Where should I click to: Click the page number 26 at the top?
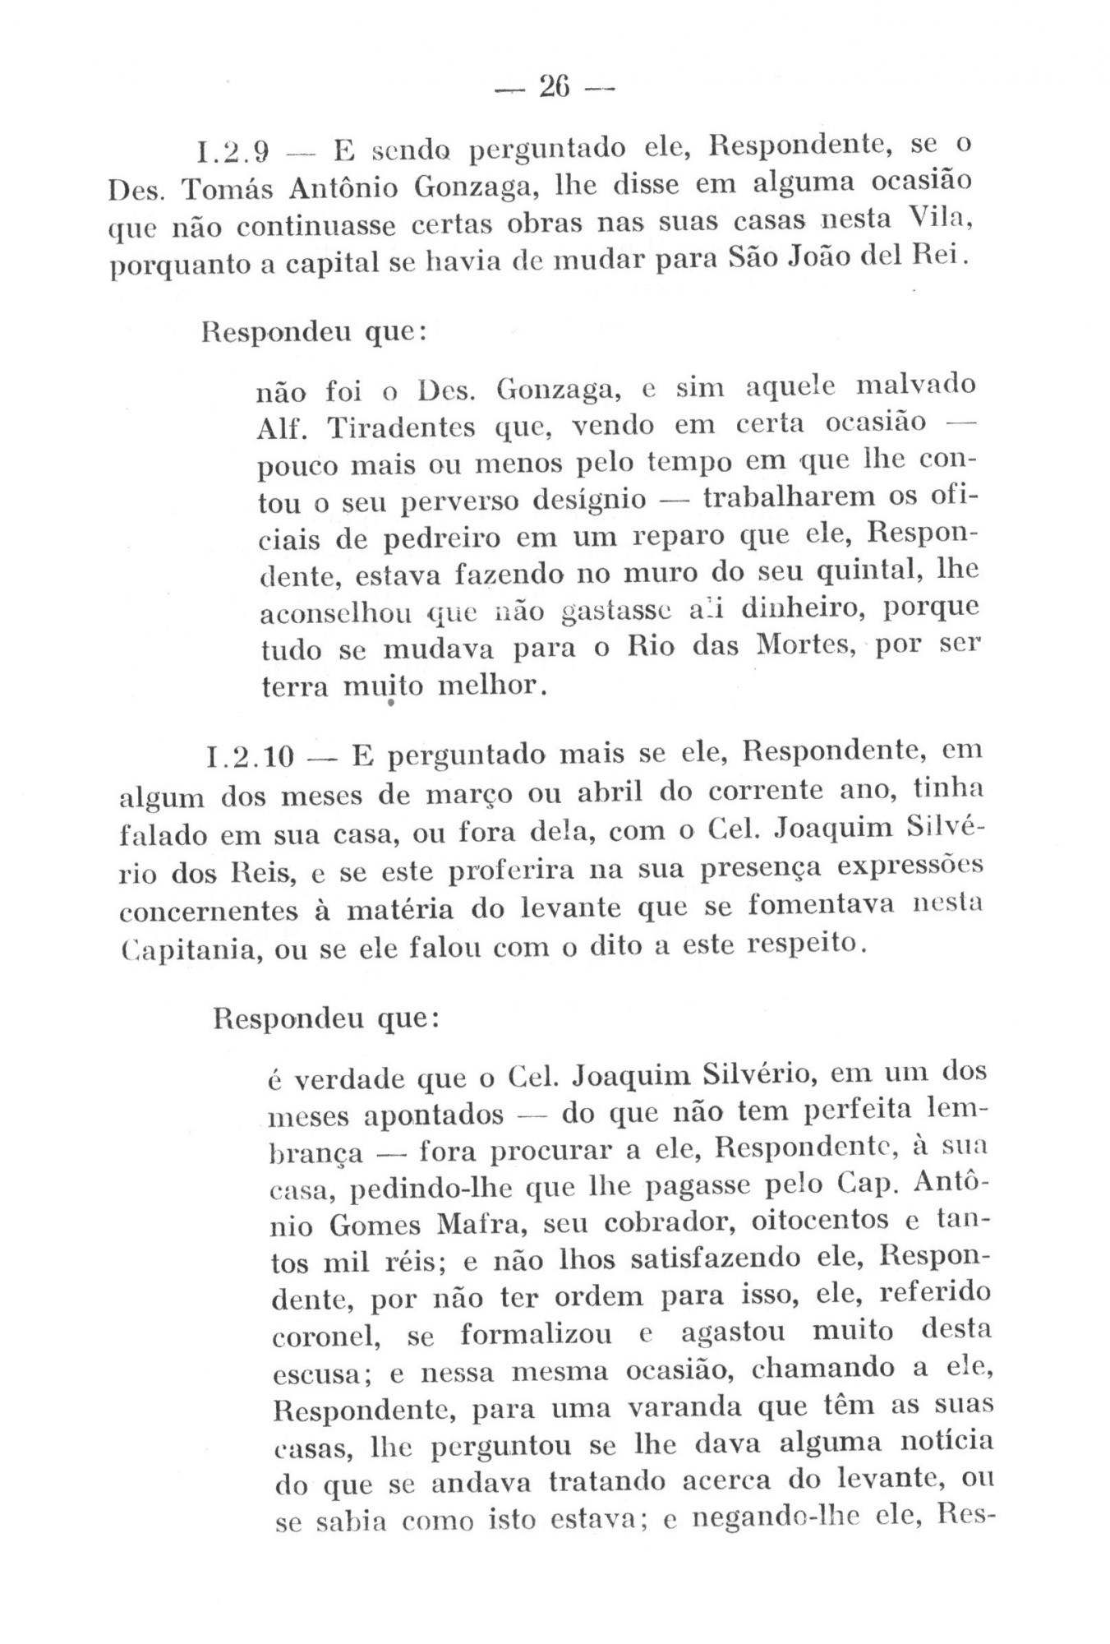[555, 85]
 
